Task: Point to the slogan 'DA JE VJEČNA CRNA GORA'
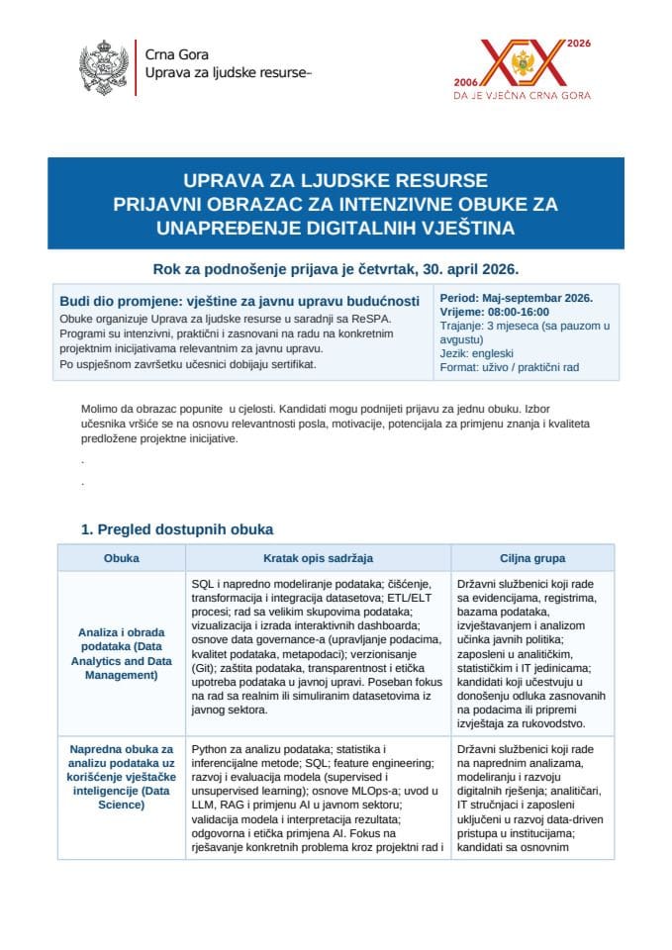coord(522,96)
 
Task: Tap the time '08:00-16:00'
coord(535,311)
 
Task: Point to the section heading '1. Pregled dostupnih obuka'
coord(177,529)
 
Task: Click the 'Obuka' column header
coord(122,558)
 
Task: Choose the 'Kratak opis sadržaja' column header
coord(317,558)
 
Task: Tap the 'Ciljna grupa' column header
coord(532,558)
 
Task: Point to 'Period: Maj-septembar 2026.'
coord(515,297)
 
